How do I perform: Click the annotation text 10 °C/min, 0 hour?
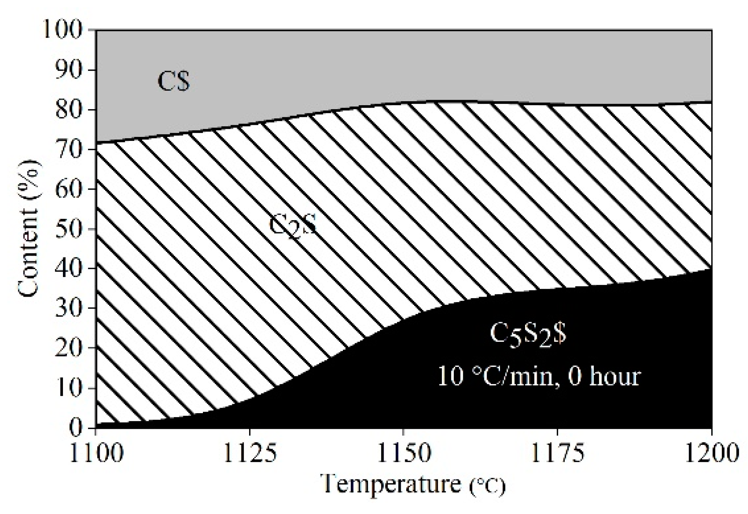click(x=539, y=376)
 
